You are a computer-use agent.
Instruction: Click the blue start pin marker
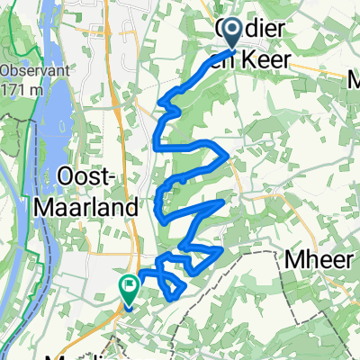pyautogui.click(x=230, y=35)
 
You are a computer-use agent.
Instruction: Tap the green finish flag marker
pyautogui.click(x=129, y=291)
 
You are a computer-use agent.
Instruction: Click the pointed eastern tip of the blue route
pyautogui.click(x=224, y=203)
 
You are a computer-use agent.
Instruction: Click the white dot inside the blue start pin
pyautogui.click(x=230, y=31)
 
